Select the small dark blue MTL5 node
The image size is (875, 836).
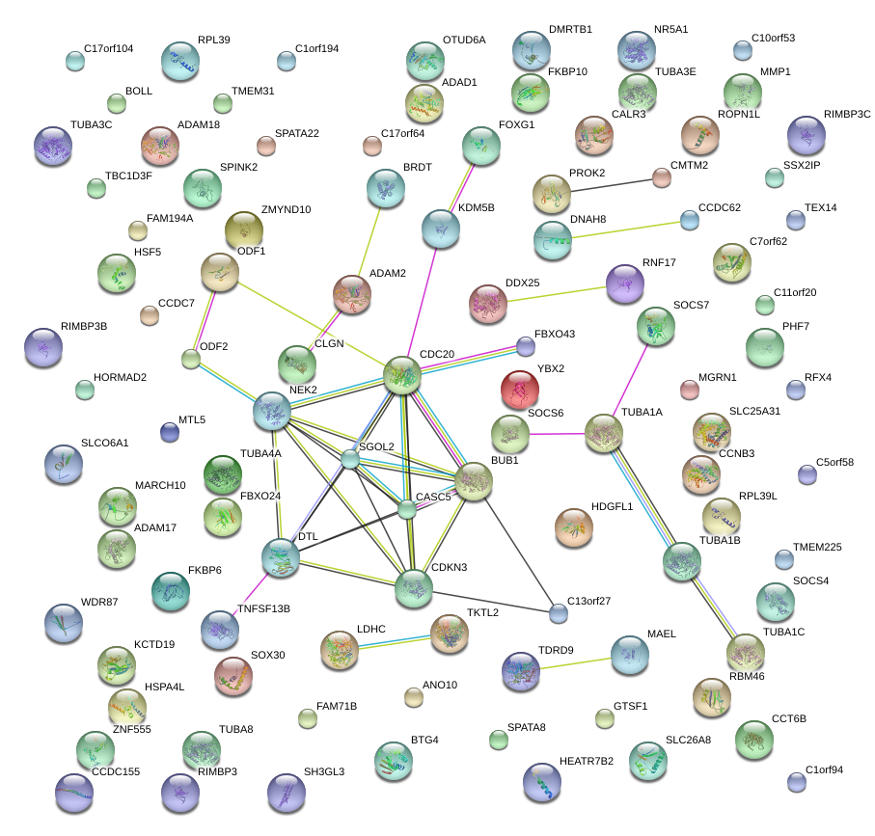point(170,432)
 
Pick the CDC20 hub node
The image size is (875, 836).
point(403,375)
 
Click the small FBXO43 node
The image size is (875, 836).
point(525,345)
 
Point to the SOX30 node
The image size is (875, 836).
point(232,675)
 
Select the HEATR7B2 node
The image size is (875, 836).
point(541,781)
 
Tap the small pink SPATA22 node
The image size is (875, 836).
point(265,146)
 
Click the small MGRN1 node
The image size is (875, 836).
point(689,390)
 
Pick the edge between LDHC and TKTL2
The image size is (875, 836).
point(394,639)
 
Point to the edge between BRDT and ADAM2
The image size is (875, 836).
point(370,241)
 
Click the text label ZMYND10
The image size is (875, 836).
point(286,209)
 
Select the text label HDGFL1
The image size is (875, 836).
point(612,506)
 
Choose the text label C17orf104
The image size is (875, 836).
point(109,48)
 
